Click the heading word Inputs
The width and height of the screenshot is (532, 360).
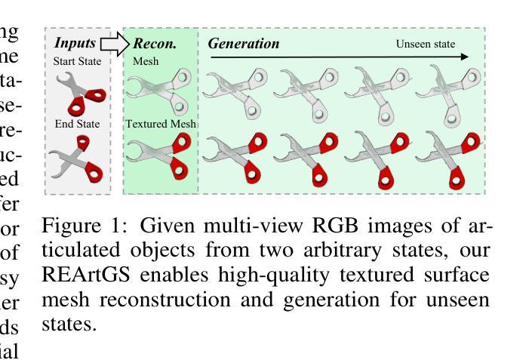tap(75, 43)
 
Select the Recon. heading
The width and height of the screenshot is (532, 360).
tap(155, 44)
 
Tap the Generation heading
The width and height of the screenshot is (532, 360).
tap(244, 44)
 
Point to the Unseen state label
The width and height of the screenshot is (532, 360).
tap(426, 44)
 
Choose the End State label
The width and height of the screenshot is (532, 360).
tap(77, 123)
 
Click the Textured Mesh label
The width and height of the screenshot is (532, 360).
tap(161, 123)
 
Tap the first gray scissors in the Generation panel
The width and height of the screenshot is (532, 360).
tap(236, 91)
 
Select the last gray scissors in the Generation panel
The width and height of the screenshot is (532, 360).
tap(450, 92)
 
